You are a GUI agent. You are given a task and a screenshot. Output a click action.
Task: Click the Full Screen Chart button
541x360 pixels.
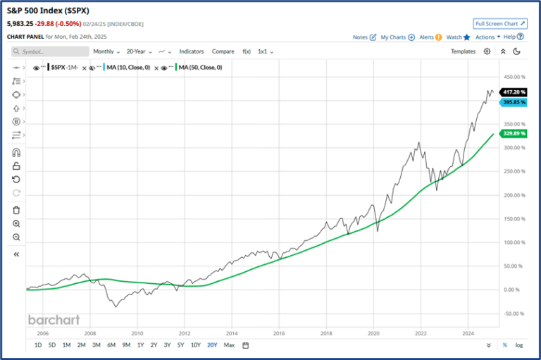499,23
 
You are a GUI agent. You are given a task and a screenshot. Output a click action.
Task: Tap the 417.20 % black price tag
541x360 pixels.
514,92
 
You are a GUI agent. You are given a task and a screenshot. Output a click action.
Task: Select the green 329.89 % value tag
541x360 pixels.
514,133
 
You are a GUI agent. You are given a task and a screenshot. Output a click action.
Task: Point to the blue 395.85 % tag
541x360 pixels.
514,103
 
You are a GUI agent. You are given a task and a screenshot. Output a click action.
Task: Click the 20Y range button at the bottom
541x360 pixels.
211,345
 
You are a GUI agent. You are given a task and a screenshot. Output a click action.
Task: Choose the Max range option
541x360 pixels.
229,345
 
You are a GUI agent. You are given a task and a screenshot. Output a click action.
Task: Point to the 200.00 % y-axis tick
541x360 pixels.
513,195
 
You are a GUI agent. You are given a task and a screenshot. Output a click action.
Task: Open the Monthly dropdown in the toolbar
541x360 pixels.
106,51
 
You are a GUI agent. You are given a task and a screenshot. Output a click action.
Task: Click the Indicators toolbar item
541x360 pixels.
191,51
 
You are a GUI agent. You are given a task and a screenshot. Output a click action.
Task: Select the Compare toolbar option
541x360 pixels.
223,51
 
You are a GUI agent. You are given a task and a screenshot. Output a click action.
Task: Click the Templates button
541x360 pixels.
463,51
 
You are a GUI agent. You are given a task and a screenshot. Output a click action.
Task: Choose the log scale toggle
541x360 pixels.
519,345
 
